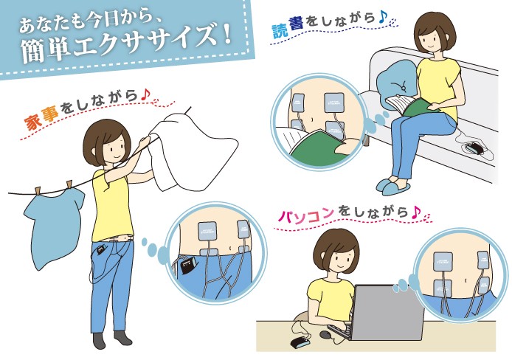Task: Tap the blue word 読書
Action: point(288,27)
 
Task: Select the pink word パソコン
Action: point(306,215)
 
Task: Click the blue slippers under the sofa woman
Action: point(392,187)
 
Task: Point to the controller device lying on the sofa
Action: point(475,148)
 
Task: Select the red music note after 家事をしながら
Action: point(145,95)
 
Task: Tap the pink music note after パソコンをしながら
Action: point(415,212)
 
